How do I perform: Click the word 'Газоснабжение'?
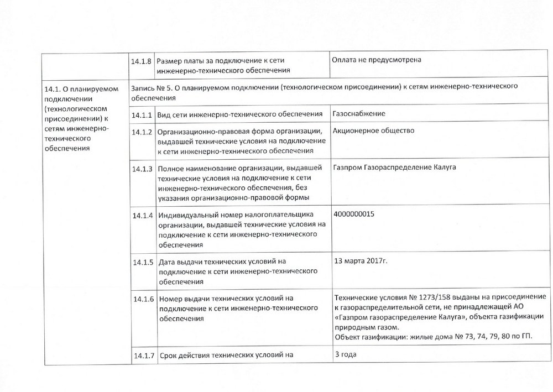(359, 113)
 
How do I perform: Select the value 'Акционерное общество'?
(374, 130)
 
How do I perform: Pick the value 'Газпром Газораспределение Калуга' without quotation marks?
(394, 167)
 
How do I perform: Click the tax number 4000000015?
(354, 213)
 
